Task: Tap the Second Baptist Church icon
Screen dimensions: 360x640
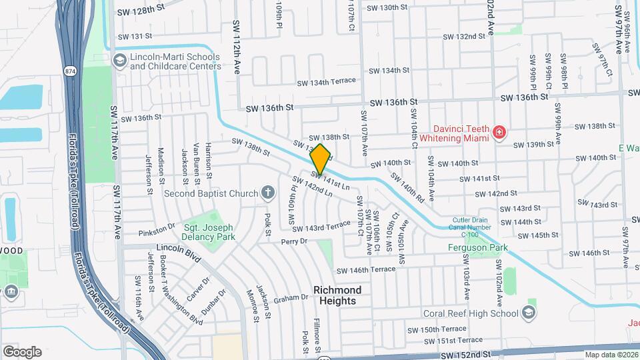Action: coord(268,193)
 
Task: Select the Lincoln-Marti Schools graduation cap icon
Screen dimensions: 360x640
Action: coord(119,61)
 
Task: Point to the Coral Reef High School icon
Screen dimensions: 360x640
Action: coord(528,313)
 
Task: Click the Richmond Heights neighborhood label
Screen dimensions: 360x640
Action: coord(337,295)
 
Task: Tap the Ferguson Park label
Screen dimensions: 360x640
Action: coord(477,248)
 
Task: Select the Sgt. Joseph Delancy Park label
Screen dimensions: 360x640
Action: coord(209,231)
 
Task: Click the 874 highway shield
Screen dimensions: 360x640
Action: coord(69,71)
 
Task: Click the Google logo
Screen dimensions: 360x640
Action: coord(22,351)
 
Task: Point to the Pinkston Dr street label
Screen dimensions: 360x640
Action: coord(156,233)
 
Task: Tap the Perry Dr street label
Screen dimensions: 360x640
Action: coord(294,241)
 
